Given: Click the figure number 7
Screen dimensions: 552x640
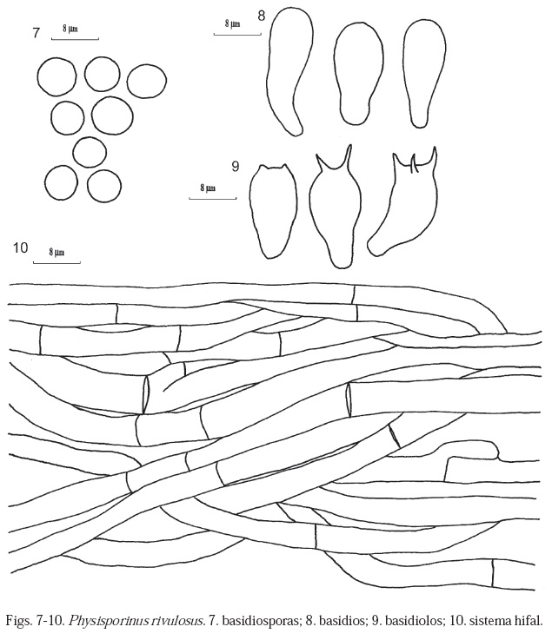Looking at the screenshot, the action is (36, 33).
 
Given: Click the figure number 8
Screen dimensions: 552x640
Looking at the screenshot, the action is (262, 16).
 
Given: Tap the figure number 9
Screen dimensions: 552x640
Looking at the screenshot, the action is (235, 167).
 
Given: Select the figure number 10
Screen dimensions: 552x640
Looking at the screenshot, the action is (21, 247).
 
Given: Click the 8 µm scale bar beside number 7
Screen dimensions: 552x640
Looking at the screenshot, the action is (75, 39).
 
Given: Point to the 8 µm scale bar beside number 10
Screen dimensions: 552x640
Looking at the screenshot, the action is (57, 262).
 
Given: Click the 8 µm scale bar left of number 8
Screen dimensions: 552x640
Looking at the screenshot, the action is (237, 34).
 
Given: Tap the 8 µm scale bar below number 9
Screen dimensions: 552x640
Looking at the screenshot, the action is (212, 198).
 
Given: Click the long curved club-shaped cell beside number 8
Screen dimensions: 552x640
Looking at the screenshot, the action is (289, 71).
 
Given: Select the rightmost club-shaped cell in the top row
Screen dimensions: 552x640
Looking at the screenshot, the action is (424, 73).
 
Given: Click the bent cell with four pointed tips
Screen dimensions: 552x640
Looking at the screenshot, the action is (402, 201).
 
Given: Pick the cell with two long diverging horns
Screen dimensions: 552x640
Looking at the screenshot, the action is (335, 207).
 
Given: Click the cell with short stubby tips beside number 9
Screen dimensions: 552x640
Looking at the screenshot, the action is (273, 211).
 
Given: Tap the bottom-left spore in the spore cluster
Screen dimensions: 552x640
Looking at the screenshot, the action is (62, 182).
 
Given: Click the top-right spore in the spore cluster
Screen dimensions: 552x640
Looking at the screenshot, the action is (147, 81).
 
